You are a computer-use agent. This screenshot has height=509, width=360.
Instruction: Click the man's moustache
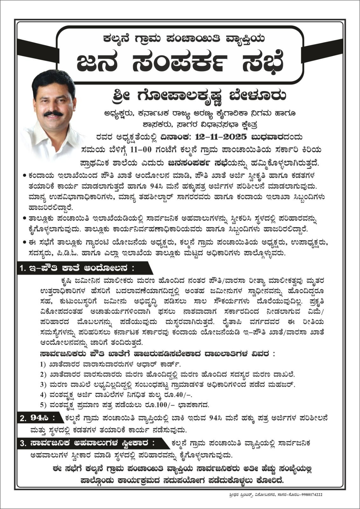(53, 113)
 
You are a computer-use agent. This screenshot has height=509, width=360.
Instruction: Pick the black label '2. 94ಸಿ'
(38, 417)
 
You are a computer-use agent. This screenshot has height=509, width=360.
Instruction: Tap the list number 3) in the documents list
(43, 384)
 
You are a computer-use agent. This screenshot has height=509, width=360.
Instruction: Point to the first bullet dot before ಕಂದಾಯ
(25, 175)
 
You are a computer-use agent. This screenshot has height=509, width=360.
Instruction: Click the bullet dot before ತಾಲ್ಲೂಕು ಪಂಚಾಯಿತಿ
(25, 219)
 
